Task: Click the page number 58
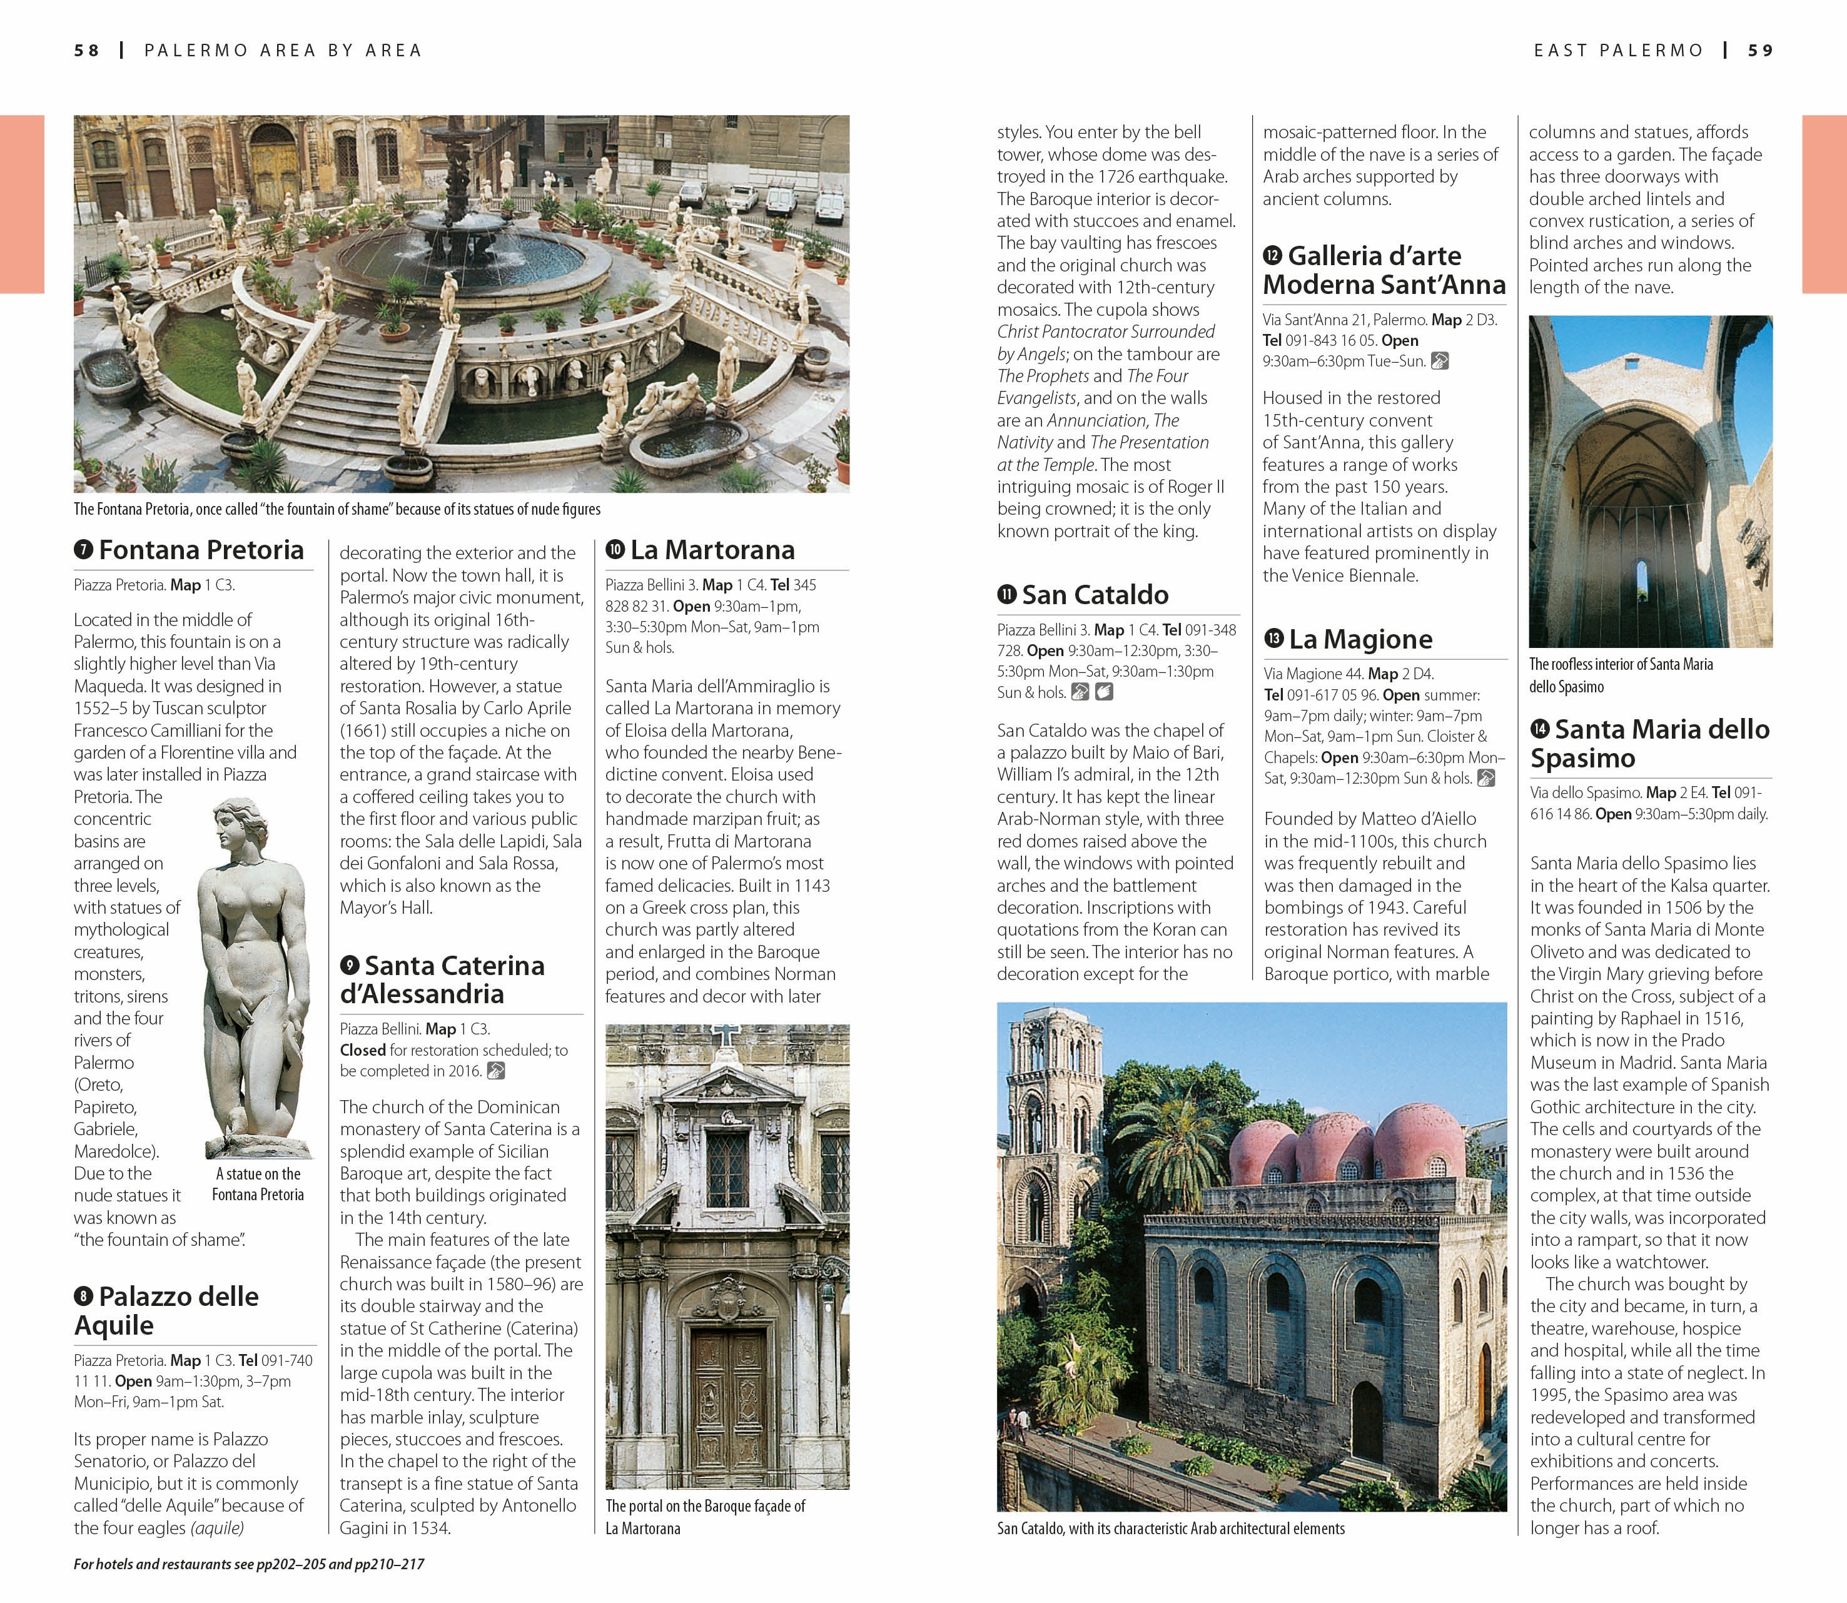pos(87,51)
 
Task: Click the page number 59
pos(1760,51)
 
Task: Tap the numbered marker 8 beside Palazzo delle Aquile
pos(84,1296)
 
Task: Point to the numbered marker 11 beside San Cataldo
pos(1007,595)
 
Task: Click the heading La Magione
pos(1360,639)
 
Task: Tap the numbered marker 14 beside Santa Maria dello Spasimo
pos(1541,729)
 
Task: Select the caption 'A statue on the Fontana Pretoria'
pos(258,1183)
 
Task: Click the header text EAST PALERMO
pos(1618,51)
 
